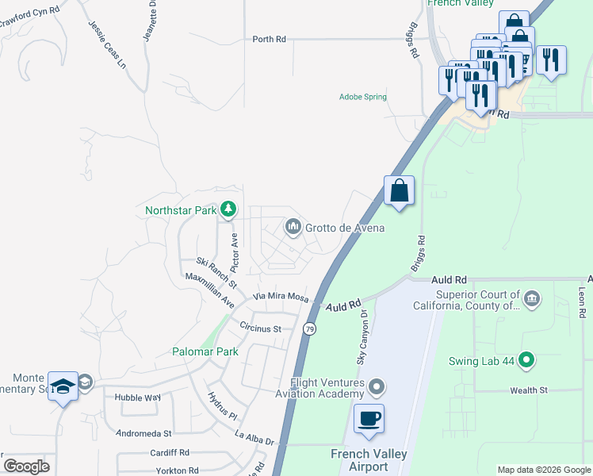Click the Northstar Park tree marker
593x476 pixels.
pos(228,209)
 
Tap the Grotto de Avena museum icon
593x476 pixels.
pos(293,228)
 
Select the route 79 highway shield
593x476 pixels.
pos(309,328)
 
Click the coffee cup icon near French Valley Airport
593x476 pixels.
pos(369,418)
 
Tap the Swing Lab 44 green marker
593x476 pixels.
pos(524,359)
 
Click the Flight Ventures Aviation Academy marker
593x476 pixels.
pos(377,387)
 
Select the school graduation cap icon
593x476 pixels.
pos(63,386)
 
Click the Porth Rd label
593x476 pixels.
pos(269,39)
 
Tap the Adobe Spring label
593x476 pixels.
pos(362,97)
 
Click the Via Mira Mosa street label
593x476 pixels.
pos(280,296)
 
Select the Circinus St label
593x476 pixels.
pos(261,328)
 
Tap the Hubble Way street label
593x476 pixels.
pos(137,397)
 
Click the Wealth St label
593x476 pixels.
pos(529,390)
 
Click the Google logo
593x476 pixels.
pos(26,466)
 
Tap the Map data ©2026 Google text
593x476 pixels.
pos(543,470)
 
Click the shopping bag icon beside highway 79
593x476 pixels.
pos(400,191)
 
